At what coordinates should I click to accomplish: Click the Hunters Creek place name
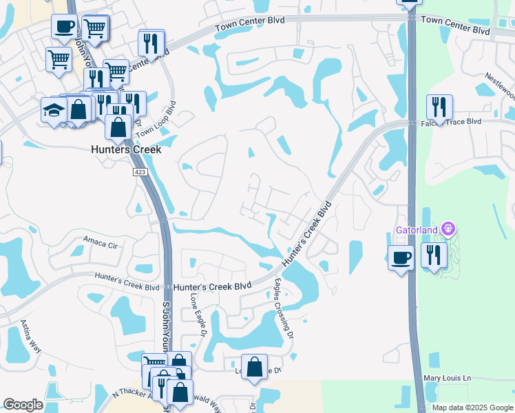click(126, 149)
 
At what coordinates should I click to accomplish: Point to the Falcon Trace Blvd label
click(450, 122)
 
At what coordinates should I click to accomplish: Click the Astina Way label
click(30, 335)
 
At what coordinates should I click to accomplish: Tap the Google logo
click(23, 405)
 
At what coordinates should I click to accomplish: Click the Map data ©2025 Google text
click(472, 407)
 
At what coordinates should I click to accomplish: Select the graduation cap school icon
click(54, 110)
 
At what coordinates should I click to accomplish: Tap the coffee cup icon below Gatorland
click(401, 257)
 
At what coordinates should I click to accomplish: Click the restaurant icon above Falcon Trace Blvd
click(439, 107)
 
